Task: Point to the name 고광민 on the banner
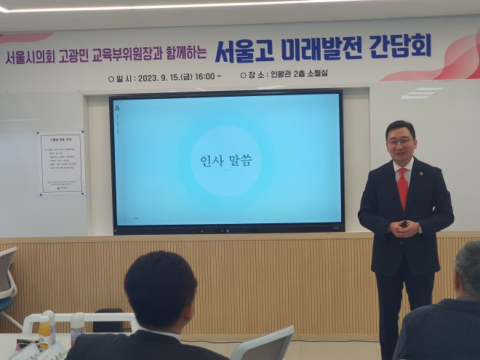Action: click(x=76, y=55)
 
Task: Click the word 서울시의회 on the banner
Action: click(x=30, y=57)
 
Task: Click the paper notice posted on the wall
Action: click(x=61, y=163)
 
